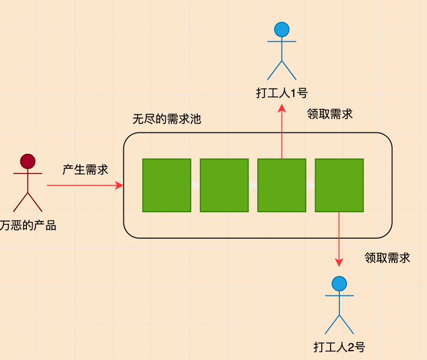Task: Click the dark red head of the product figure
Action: [x=28, y=161]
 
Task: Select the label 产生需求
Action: [x=85, y=169]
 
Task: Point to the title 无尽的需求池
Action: [x=166, y=119]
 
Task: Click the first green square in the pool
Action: [x=166, y=185]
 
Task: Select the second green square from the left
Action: [x=224, y=185]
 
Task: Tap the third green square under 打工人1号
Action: [x=281, y=185]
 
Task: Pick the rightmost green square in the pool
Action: [x=339, y=185]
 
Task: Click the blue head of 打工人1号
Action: [x=282, y=29]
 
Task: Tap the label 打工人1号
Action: [x=282, y=93]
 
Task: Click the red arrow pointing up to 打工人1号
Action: [x=282, y=132]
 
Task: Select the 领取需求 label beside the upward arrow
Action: [x=329, y=114]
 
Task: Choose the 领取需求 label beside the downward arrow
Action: [x=387, y=257]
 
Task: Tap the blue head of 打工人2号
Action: [x=339, y=284]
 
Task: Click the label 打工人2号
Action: [x=339, y=347]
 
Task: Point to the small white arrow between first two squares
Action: [x=196, y=186]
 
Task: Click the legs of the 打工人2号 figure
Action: [x=339, y=325]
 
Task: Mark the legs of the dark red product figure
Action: [x=28, y=202]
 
